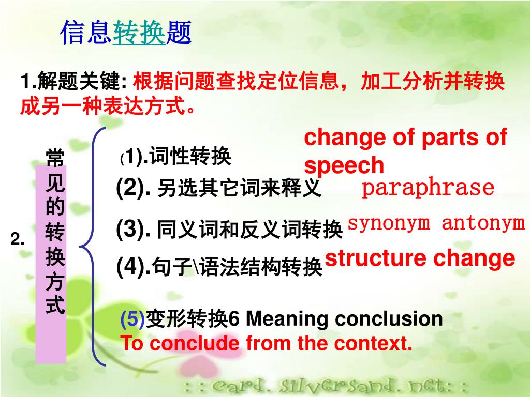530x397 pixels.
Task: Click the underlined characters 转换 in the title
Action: point(139,33)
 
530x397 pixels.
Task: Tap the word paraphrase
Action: point(428,188)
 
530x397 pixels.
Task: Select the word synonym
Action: point(389,224)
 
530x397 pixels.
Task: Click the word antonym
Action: point(483,223)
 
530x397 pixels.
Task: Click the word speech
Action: point(344,165)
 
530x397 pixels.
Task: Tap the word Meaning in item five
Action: point(286,318)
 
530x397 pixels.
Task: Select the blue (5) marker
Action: point(132,318)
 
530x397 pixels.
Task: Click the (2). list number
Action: point(133,188)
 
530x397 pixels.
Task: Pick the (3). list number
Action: point(133,229)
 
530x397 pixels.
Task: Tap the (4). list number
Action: point(133,266)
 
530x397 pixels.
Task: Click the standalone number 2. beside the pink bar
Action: point(18,239)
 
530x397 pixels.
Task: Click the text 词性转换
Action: point(190,156)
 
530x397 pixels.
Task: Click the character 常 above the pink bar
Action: point(55,157)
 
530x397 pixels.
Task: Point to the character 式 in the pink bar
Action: point(55,304)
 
